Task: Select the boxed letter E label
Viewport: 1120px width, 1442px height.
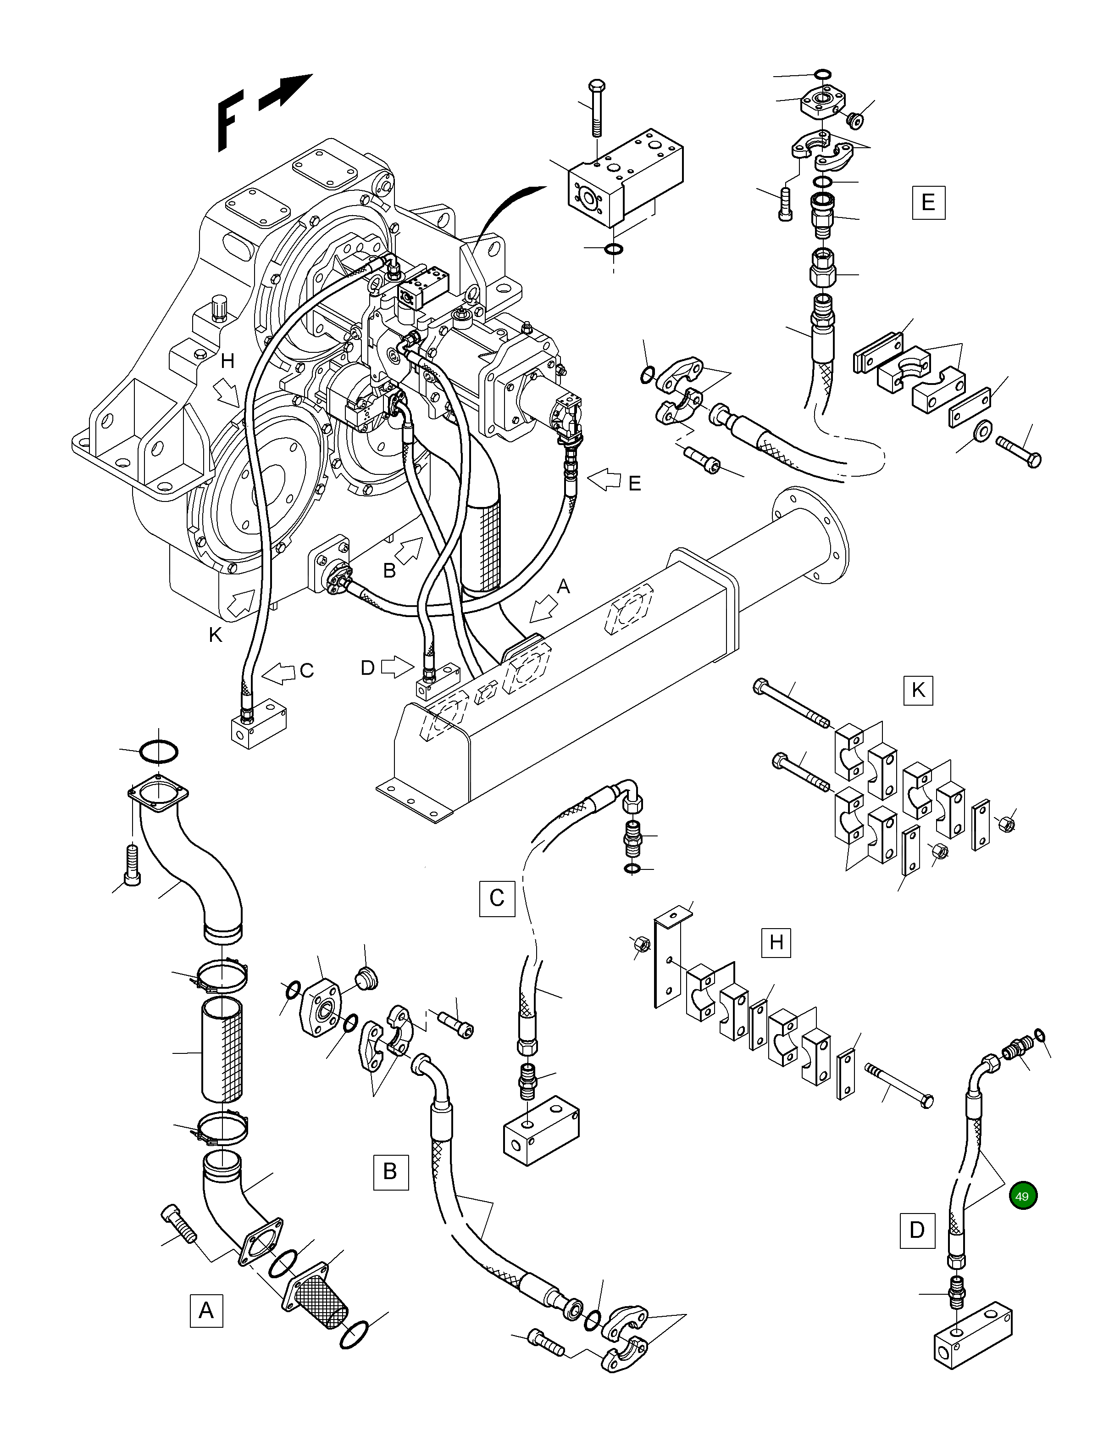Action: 928,202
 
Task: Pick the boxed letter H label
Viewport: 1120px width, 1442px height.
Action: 776,942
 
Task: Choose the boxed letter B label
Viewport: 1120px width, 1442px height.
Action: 390,1172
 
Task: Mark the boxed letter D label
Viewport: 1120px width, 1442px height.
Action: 917,1230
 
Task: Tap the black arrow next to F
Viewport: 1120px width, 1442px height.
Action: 286,91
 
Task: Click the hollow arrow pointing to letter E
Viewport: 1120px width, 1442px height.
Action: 604,481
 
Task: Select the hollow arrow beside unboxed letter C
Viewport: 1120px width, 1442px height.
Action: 278,674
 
